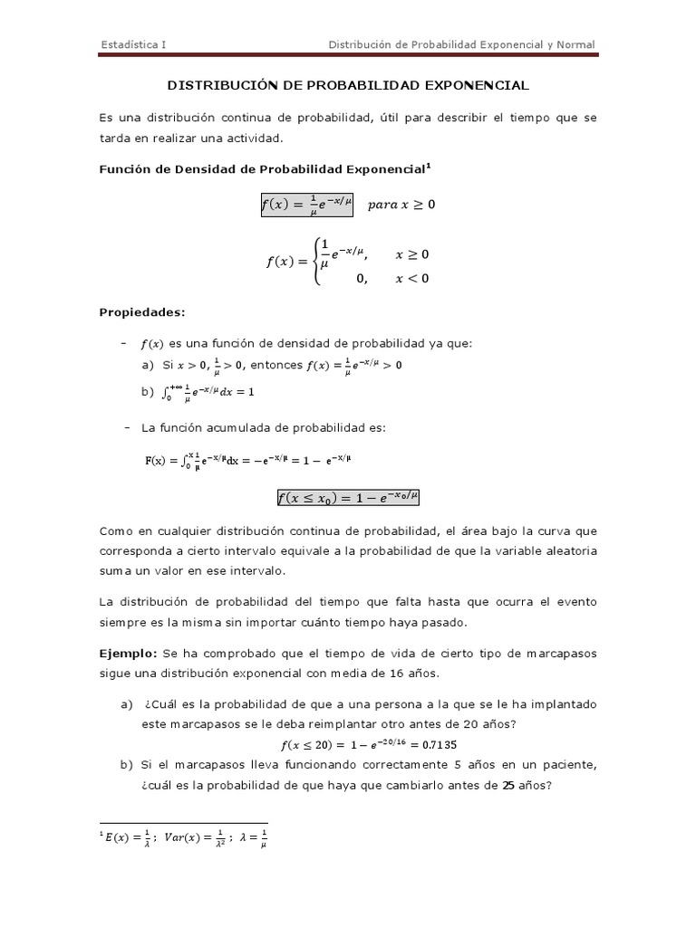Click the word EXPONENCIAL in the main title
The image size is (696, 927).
click(472, 85)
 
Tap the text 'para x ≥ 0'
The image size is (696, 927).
click(401, 205)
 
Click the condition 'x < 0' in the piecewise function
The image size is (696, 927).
click(412, 278)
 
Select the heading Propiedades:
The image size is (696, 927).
click(141, 312)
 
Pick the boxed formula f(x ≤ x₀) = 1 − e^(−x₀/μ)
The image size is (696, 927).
click(349, 497)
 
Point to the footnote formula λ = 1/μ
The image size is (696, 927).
click(251, 838)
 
